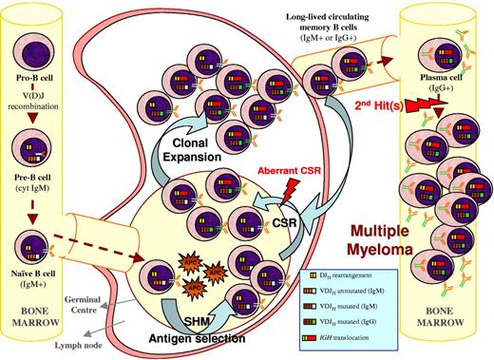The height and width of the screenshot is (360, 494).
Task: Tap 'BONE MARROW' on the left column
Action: (44, 318)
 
